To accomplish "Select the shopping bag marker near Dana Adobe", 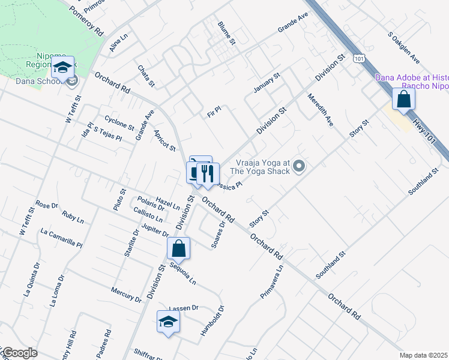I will point(403,100).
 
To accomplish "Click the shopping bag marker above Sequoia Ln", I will point(179,248).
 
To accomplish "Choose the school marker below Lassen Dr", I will point(169,322).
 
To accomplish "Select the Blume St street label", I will point(226,33).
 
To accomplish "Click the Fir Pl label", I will point(214,111).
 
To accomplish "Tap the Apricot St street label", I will point(164,140).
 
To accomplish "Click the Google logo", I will point(19,353).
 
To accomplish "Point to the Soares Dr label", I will point(218,234).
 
